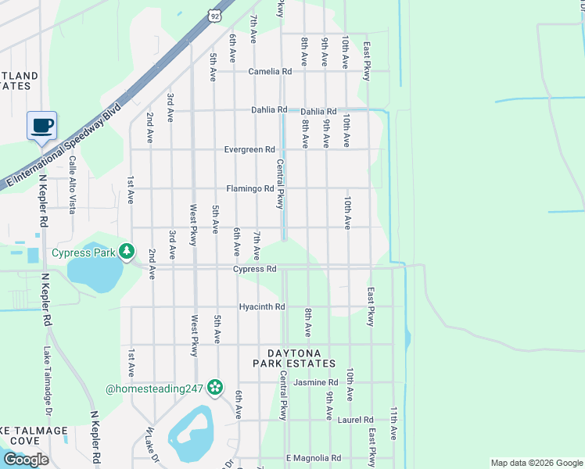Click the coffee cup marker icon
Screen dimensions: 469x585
click(x=41, y=125)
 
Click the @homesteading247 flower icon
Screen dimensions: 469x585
click(x=215, y=387)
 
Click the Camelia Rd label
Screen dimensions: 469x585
click(x=270, y=71)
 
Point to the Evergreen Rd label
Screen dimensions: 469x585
click(x=249, y=149)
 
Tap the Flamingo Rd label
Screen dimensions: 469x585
click(x=250, y=188)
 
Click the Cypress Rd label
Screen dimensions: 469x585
click(x=255, y=269)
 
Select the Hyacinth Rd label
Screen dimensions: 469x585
click(x=262, y=306)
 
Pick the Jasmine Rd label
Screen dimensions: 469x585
click(x=314, y=382)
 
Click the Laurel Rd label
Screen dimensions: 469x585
click(x=356, y=420)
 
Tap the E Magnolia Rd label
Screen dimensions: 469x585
click(x=314, y=458)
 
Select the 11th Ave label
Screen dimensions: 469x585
click(x=394, y=424)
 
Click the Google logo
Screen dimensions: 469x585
click(x=26, y=460)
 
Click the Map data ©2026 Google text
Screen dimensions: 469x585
click(x=536, y=463)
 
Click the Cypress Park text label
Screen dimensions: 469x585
click(x=84, y=252)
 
